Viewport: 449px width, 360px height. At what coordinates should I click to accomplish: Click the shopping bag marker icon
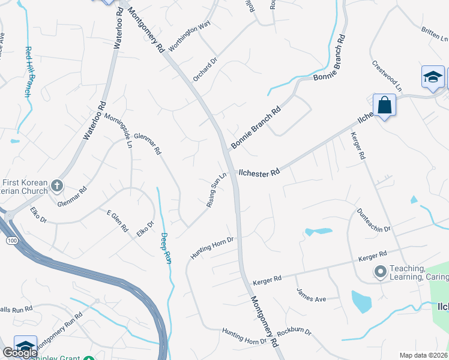tap(384, 106)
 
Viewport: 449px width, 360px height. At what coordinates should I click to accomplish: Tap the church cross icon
tap(57, 185)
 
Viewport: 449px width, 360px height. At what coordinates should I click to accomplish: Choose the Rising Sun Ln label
tap(217, 190)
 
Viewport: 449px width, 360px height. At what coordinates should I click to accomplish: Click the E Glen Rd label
tap(117, 221)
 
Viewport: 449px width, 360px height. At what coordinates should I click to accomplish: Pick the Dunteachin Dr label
tap(374, 221)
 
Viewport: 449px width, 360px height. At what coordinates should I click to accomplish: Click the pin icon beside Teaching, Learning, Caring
tap(379, 272)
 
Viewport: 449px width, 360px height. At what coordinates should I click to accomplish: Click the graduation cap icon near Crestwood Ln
tap(433, 77)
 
